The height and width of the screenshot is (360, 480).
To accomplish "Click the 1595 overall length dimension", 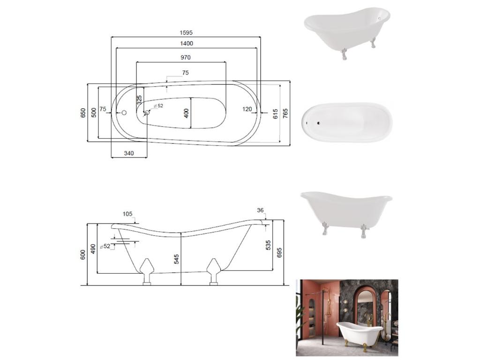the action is pyautogui.click(x=186, y=32).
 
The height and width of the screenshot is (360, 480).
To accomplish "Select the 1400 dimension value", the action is pyautogui.click(x=187, y=44).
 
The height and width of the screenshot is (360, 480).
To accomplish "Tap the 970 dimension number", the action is pyautogui.click(x=186, y=57).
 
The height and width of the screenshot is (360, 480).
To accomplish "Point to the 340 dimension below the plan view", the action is pyautogui.click(x=129, y=153).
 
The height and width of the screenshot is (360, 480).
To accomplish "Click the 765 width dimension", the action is pyautogui.click(x=285, y=113).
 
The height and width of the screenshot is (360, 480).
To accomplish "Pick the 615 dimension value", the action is pyautogui.click(x=275, y=113).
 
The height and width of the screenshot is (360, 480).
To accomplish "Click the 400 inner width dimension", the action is pyautogui.click(x=186, y=113).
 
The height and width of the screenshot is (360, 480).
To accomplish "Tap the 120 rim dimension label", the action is pyautogui.click(x=247, y=109).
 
